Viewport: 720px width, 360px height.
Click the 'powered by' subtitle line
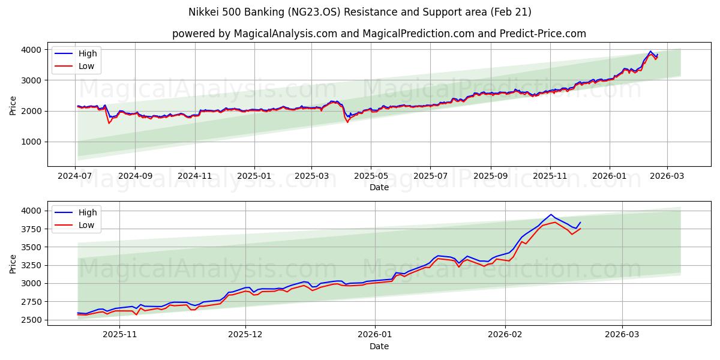tap(379, 34)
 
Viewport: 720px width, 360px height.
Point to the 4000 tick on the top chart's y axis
tap(32, 49)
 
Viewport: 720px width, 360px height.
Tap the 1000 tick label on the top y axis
tap(32, 142)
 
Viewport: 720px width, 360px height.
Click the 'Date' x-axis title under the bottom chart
tap(379, 347)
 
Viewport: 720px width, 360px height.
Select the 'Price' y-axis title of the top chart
tap(13, 105)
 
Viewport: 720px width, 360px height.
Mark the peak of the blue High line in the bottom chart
tap(551, 214)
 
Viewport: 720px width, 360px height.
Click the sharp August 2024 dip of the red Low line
tap(109, 123)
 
